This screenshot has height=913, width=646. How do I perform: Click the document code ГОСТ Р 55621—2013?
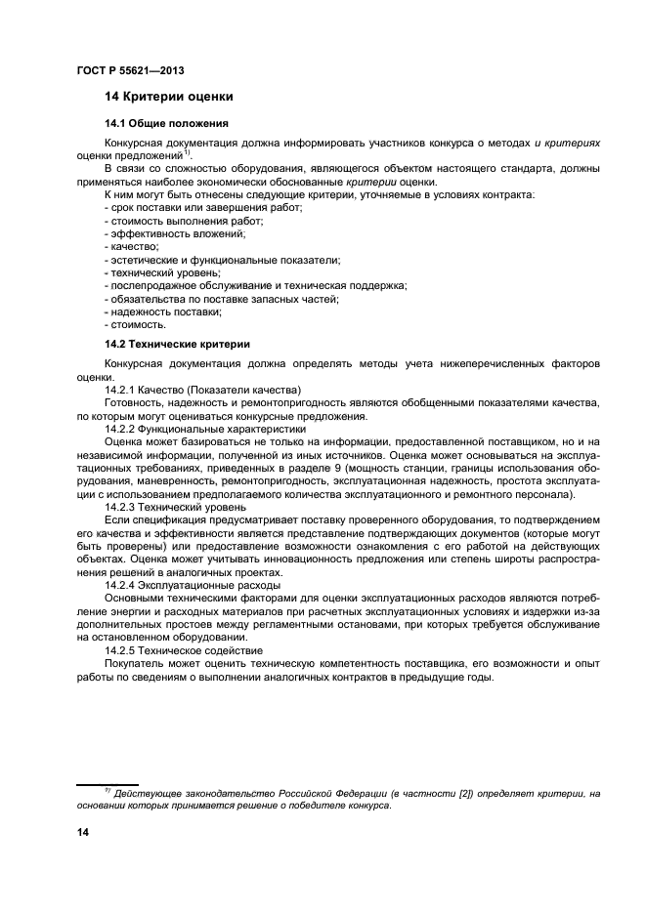coord(130,70)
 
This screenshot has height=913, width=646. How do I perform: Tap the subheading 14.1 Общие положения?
coord(166,123)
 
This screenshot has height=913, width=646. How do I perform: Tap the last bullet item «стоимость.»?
coord(136,324)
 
